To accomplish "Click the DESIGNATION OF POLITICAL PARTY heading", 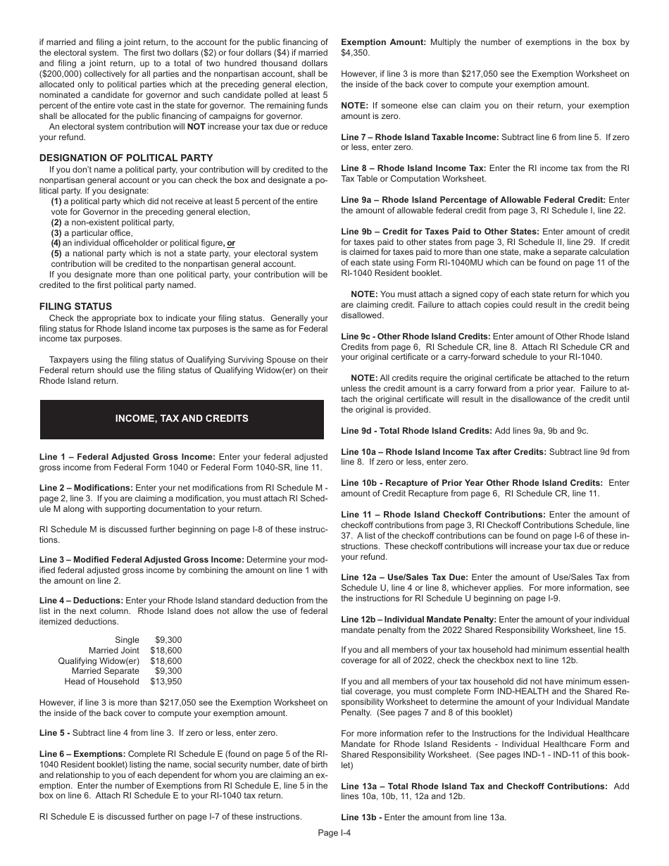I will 126,158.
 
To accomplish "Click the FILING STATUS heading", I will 75,306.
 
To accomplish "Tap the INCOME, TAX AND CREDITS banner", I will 182,418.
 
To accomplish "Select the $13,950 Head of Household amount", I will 165,682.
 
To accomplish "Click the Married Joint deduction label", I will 113,651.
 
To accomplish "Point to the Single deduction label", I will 127,640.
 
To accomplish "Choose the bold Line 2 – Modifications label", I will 86,488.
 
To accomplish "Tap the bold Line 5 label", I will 54,733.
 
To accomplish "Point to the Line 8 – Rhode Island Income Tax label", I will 413,168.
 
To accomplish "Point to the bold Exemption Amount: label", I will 383,42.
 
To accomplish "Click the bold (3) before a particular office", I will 56,232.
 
